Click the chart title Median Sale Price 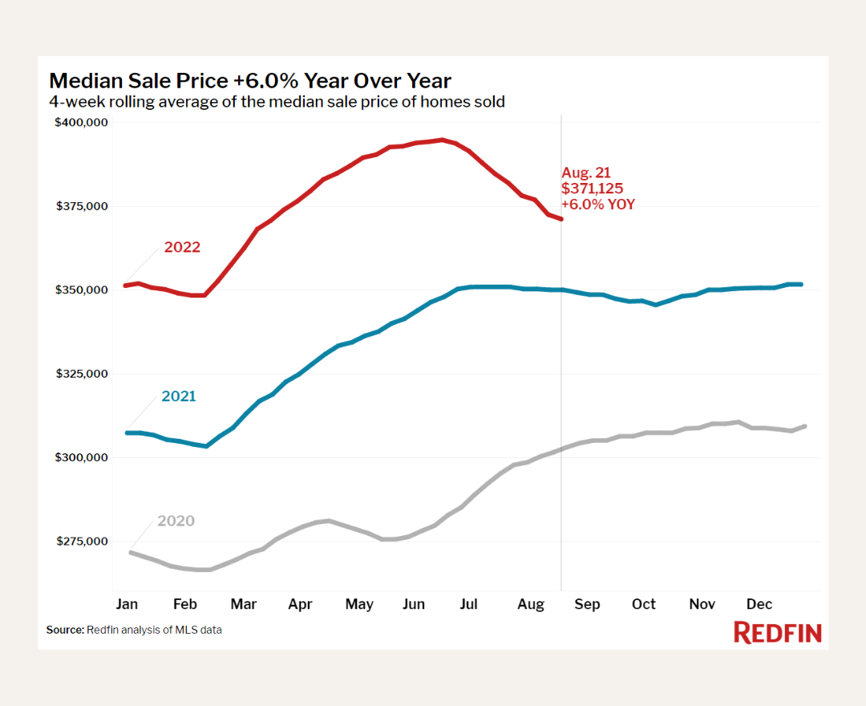[x=250, y=81]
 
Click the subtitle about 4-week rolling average [x=277, y=102]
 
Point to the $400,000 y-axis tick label [x=81, y=123]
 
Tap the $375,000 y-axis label [x=81, y=206]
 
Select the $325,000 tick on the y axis [x=81, y=374]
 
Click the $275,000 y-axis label [x=81, y=542]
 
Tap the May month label [x=359, y=604]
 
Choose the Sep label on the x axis [x=587, y=604]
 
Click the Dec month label [x=759, y=604]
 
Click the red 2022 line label [x=182, y=247]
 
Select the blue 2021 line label [x=178, y=396]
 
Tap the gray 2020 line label [x=176, y=521]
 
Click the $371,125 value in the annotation [x=592, y=189]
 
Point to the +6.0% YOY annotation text [x=597, y=205]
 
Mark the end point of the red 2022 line [x=561, y=218]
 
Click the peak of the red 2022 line [x=442, y=140]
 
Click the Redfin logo [x=778, y=632]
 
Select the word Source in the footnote [x=64, y=631]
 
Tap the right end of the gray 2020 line [x=804, y=426]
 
